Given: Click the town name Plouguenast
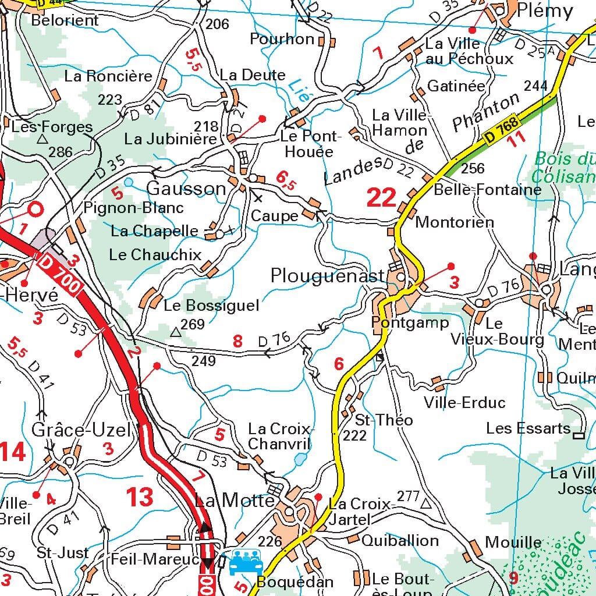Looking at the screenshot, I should coord(328,276).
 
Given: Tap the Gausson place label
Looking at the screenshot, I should coord(186,189).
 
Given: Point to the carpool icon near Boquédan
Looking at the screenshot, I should coord(246,562).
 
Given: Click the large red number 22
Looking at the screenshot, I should coord(382,198).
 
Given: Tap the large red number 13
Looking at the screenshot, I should coord(140,497).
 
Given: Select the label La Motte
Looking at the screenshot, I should coord(235,501).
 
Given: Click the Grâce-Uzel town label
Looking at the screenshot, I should coord(81,430).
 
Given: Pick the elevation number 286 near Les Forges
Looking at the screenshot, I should coord(61,152).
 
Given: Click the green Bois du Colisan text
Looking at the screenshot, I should coord(563,168).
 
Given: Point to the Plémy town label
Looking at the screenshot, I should coord(545,10).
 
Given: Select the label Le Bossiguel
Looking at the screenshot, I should coord(211,306).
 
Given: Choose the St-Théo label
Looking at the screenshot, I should coord(384,420).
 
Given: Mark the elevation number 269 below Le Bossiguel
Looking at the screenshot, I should coord(193,324).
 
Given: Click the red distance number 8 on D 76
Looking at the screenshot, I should coord(237,341).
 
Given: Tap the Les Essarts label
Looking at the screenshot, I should coord(528,428).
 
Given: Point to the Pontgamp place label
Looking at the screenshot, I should coord(410,322).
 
